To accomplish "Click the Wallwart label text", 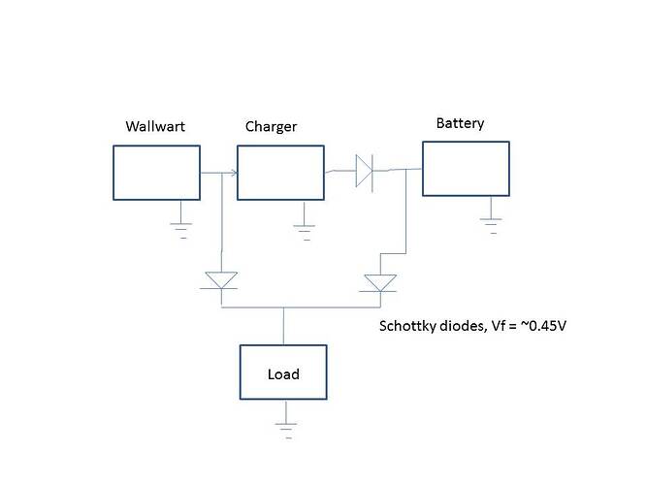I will [x=156, y=127].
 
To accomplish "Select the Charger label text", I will [x=271, y=127].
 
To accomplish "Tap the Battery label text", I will [x=460, y=124].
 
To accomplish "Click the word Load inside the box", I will [x=283, y=374].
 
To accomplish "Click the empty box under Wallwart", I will [x=156, y=173].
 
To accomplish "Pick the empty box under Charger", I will [x=280, y=173].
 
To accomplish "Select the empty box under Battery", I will [x=465, y=169].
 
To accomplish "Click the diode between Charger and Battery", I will [x=365, y=171].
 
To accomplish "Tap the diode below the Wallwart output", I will [x=222, y=280].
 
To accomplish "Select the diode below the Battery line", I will [x=379, y=281].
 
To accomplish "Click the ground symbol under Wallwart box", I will [x=180, y=229].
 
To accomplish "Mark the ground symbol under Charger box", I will [x=305, y=229].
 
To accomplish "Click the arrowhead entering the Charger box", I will [x=233, y=175].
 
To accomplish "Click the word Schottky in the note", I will [x=405, y=326].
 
